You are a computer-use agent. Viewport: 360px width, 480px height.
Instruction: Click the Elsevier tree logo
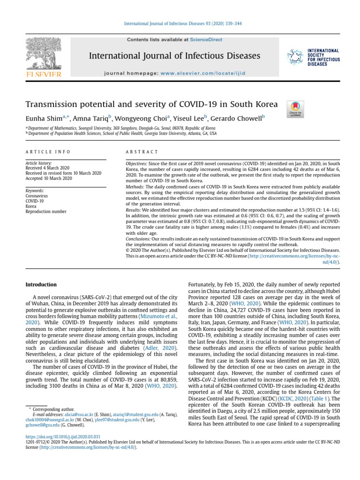(x=43, y=57)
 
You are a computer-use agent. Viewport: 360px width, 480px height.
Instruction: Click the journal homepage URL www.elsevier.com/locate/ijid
(x=202, y=74)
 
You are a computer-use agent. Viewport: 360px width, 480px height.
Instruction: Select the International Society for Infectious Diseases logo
(x=313, y=57)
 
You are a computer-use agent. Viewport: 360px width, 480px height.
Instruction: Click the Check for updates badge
(x=295, y=109)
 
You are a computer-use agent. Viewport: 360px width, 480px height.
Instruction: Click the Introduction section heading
(x=41, y=285)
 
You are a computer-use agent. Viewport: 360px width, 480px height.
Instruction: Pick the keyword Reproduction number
(x=45, y=212)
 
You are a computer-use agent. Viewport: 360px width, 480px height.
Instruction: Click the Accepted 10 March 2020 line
(x=48, y=179)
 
